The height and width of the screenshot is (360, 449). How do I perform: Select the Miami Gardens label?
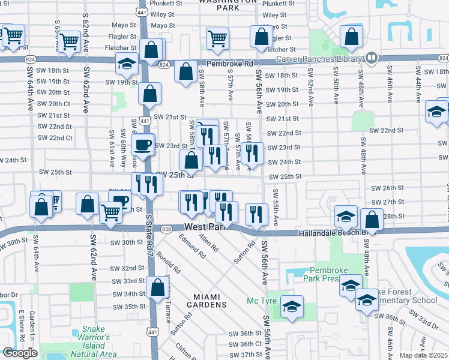[x=210, y=304]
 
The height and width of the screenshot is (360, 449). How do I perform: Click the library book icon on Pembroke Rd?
[x=371, y=58]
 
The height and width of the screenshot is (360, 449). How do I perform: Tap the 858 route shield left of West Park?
[x=167, y=229]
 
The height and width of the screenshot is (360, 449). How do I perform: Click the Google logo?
[x=20, y=353]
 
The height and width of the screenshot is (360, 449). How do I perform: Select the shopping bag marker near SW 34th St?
[x=158, y=287]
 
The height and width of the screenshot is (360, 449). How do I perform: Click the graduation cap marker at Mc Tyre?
[x=292, y=307]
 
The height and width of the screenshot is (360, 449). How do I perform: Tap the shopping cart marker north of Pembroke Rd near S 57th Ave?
[x=217, y=38]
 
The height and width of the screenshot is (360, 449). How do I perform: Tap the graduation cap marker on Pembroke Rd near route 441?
[x=127, y=63]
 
